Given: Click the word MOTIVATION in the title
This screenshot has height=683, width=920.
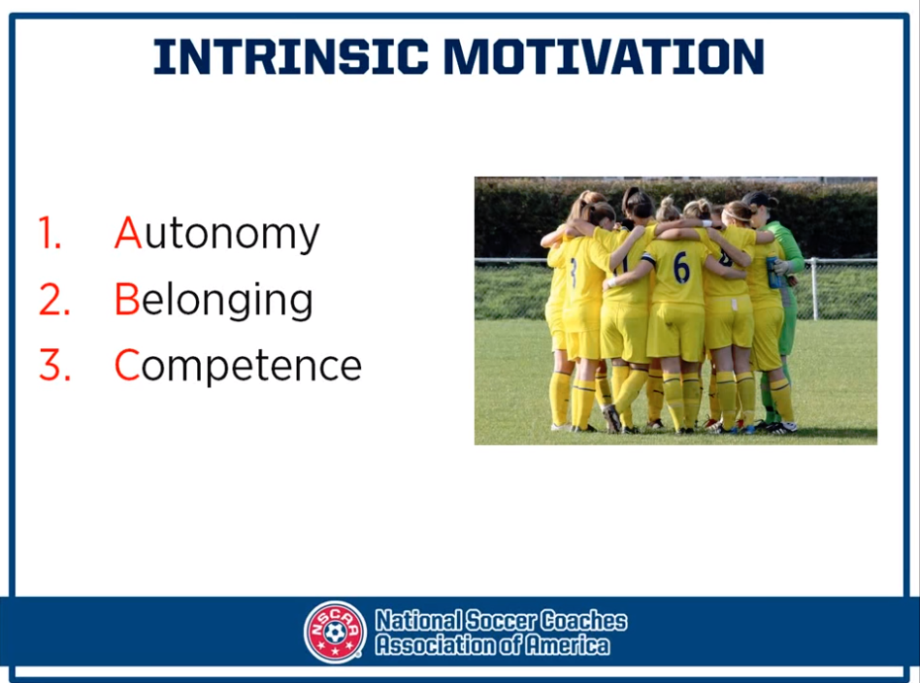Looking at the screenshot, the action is pyautogui.click(x=604, y=56).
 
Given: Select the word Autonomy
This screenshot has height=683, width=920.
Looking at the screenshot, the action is pyautogui.click(x=217, y=234).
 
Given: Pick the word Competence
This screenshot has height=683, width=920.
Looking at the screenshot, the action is pyautogui.click(x=238, y=366).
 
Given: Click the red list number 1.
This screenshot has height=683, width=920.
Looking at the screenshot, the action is pyautogui.click(x=50, y=233).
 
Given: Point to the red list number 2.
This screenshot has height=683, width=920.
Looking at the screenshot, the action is pyautogui.click(x=54, y=299).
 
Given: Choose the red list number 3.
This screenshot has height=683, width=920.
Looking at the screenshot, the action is pyautogui.click(x=54, y=365).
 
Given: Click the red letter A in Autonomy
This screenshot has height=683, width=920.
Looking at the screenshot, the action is pyautogui.click(x=128, y=233).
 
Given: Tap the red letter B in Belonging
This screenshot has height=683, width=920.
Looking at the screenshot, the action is pyautogui.click(x=127, y=299).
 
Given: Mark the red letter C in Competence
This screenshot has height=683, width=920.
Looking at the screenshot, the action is pyautogui.click(x=127, y=365).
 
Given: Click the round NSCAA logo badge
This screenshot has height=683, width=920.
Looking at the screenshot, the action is pyautogui.click(x=335, y=632).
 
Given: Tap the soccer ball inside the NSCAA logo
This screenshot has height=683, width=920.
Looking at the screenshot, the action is pyautogui.click(x=335, y=633).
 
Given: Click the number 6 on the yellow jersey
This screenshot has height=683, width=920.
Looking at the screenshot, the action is pyautogui.click(x=681, y=268).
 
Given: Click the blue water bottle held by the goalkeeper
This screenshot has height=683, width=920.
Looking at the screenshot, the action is pyautogui.click(x=773, y=273).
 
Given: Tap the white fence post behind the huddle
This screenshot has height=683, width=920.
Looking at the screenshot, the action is pyautogui.click(x=814, y=289).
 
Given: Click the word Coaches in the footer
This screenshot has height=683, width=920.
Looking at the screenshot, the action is pyautogui.click(x=583, y=620).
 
